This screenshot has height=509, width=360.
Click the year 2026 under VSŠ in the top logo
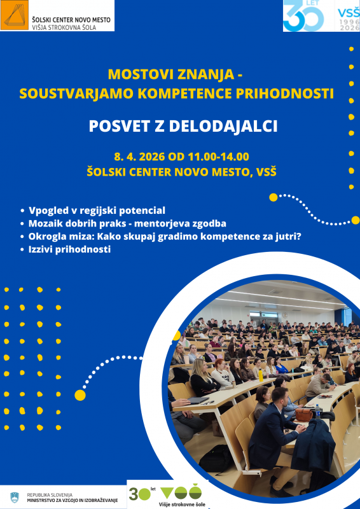pos(347,27)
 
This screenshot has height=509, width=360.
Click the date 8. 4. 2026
pos(140,157)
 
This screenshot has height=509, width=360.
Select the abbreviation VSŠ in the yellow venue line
pos(263,172)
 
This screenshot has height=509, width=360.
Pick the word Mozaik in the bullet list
pos(45,223)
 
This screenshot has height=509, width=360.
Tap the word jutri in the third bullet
pos(284,237)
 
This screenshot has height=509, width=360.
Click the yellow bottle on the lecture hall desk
pos(260,374)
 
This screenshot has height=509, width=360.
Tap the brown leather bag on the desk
pos(303,414)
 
